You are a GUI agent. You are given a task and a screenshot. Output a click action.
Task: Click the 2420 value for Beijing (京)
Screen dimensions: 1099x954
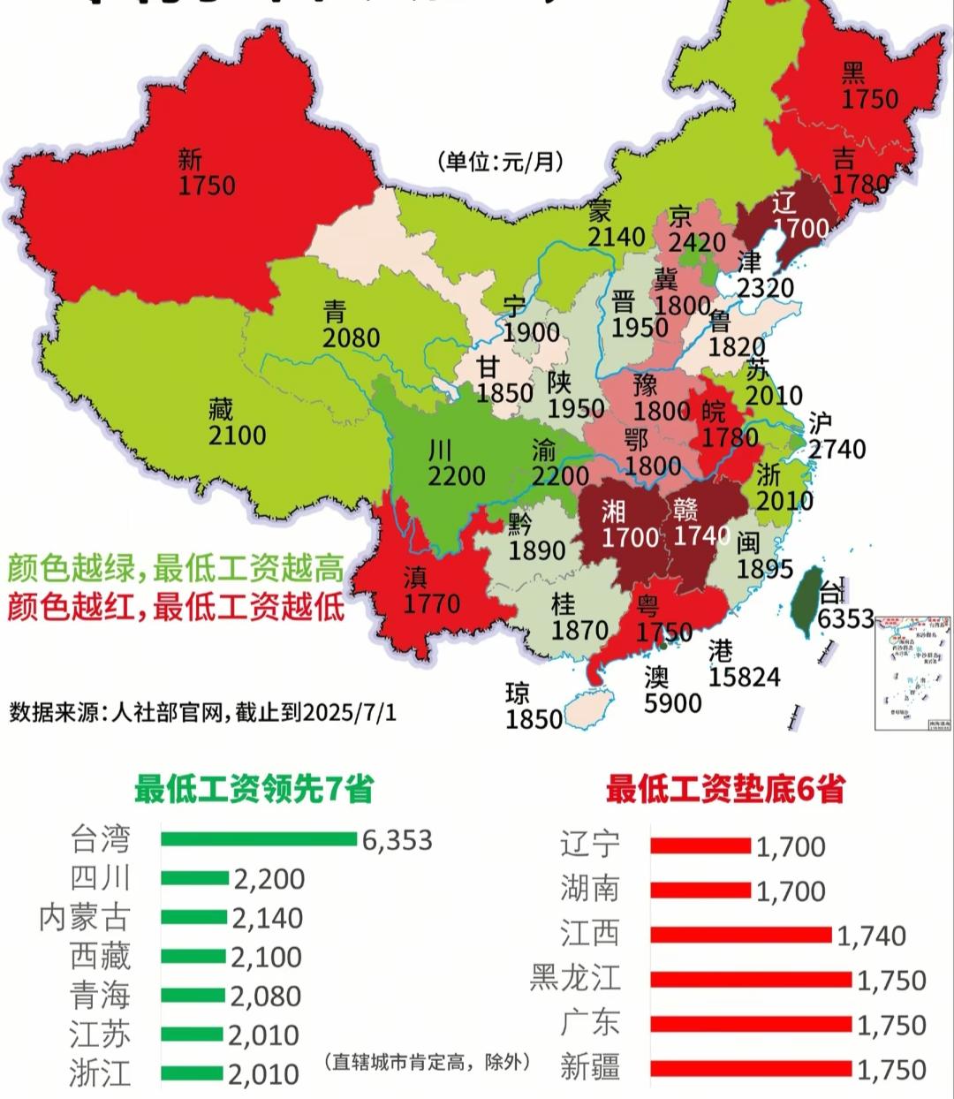pos(697,243)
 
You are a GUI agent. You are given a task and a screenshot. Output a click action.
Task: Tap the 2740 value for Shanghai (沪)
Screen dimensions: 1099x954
pos(837,449)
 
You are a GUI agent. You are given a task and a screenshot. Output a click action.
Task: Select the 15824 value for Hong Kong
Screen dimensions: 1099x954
pos(744,678)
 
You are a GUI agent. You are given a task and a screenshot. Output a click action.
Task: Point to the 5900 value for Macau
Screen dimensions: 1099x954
pos(672,703)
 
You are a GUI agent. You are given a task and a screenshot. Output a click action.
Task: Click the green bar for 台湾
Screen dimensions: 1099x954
pos(258,838)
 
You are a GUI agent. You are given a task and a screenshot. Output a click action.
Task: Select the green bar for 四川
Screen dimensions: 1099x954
pos(195,878)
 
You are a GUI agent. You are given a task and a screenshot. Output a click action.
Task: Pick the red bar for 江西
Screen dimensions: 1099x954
pos(741,935)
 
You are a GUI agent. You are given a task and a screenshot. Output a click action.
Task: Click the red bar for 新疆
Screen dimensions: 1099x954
pos(751,1069)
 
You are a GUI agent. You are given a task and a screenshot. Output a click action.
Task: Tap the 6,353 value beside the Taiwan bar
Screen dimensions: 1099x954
pos(397,839)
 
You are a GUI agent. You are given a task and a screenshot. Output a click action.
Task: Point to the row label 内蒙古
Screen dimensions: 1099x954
pos(85,918)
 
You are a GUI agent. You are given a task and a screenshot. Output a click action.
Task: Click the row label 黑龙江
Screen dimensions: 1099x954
pos(575,979)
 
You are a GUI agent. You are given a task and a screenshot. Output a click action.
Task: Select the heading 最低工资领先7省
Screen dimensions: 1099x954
pos(254,788)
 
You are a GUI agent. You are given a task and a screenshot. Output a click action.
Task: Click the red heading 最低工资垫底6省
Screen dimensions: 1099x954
pos(724,788)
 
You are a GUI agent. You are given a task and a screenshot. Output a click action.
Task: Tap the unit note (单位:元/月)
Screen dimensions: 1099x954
pos(499,162)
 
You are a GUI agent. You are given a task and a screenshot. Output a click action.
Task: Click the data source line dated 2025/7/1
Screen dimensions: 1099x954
pos(202,712)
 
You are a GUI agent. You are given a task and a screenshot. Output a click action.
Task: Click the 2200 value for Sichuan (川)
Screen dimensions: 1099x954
pos(457,475)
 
